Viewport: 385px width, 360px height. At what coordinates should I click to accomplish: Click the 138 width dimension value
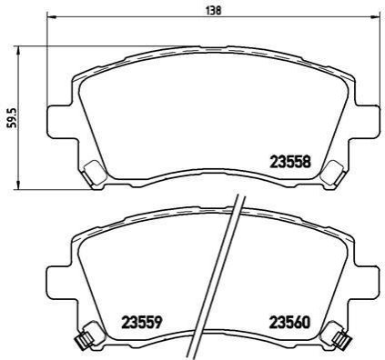coord(213,11)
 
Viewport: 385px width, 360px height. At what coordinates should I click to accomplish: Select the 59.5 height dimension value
coord(13,117)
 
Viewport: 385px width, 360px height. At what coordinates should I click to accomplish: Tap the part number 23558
coord(290,161)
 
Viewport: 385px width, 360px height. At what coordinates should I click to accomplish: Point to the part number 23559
coord(141,323)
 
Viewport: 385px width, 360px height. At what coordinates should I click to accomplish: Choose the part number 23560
coord(289,323)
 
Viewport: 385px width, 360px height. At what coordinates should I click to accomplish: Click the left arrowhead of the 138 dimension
coord(52,16)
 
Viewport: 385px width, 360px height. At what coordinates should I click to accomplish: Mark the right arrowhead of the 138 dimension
coord(375,16)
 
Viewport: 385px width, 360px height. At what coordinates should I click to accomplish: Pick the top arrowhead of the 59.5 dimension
coord(18,51)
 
